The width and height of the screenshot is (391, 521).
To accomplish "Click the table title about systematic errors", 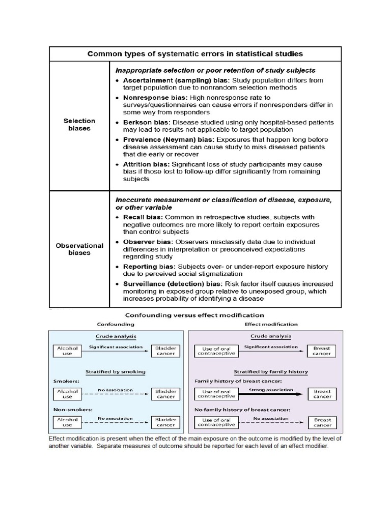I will tap(195, 53).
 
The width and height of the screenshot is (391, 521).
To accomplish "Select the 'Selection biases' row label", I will tap(79, 125).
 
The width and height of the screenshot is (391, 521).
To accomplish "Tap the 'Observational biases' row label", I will tap(79, 249).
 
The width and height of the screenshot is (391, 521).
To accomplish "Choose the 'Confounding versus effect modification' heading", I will tap(195, 315).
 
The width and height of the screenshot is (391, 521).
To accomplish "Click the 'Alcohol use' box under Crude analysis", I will tap(67, 351).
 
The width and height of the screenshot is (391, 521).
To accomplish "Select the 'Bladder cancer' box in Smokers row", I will tap(165, 394).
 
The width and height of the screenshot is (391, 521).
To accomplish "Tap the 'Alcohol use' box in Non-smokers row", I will tap(67, 422).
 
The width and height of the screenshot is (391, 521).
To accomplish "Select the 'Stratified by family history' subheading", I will tap(270, 371).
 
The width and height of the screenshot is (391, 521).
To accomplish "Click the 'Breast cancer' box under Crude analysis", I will tap(321, 351).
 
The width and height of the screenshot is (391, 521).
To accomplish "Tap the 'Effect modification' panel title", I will tap(271, 324).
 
